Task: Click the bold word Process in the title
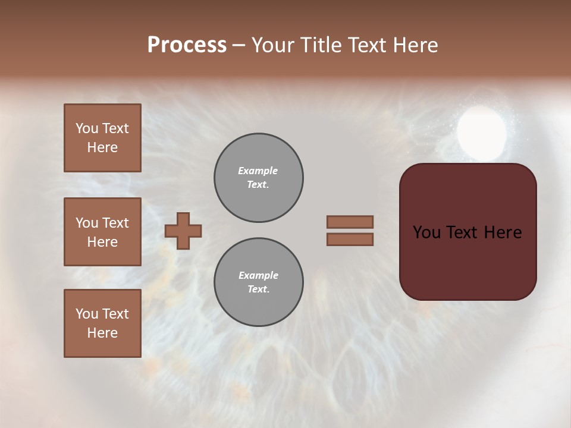(187, 45)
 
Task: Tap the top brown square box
(102, 138)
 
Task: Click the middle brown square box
(102, 232)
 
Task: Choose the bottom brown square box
(102, 323)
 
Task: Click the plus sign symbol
(183, 231)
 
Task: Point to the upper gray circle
(259, 178)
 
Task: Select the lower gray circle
(259, 282)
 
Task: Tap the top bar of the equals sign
(350, 222)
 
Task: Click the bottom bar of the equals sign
(350, 239)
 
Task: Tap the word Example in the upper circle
(258, 171)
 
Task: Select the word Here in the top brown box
(102, 147)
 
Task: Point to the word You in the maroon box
(427, 232)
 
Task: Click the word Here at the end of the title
(414, 45)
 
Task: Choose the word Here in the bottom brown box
(102, 333)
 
